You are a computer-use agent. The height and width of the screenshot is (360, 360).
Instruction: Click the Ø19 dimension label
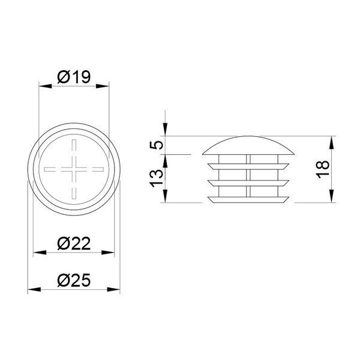pos(74,77)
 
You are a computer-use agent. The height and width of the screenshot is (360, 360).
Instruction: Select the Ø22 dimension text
pos(74,244)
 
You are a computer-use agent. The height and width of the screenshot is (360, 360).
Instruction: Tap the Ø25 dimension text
pos(74,280)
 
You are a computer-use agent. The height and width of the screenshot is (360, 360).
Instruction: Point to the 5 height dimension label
pos(157,145)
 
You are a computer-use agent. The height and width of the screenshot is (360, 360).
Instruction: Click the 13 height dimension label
pos(157,178)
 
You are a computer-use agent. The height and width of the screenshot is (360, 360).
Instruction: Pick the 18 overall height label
pos(323,169)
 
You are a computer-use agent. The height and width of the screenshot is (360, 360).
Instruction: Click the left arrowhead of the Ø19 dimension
pos(46,86)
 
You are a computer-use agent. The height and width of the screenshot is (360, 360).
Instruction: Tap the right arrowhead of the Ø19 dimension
pos(103,86)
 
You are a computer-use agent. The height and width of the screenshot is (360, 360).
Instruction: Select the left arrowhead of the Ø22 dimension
pos(40,253)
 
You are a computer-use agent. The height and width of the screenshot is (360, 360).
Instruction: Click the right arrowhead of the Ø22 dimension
pos(108,253)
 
